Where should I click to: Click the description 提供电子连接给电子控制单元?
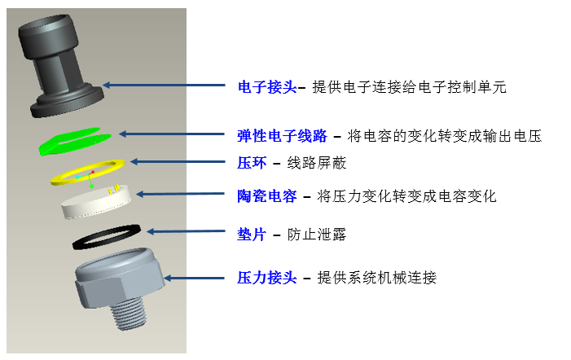pos(409,87)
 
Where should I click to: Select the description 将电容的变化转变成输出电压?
pos(444,136)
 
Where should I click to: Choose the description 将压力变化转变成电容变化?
pos(408,196)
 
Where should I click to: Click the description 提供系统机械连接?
pos(377,278)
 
